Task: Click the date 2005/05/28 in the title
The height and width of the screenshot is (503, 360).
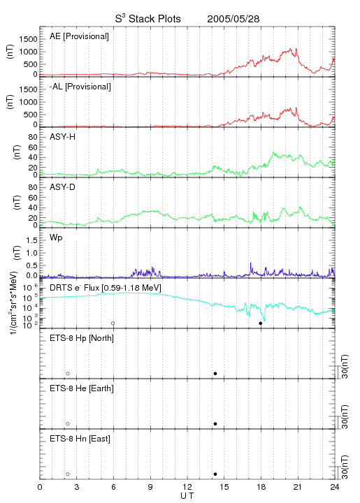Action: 233,19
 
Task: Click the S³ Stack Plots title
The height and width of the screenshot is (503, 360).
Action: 148,19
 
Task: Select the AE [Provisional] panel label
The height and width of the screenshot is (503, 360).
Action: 79,36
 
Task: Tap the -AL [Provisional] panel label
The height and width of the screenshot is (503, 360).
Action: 80,87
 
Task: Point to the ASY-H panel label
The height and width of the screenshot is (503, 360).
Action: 62,138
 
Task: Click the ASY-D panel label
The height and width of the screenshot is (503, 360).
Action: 62,187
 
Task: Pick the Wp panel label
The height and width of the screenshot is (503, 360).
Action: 56,238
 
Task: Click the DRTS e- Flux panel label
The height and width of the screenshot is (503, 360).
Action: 106,288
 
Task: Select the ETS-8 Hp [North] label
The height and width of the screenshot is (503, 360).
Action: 82,338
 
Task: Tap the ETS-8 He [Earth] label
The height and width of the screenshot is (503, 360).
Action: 82,388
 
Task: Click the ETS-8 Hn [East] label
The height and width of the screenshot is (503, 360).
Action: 80,439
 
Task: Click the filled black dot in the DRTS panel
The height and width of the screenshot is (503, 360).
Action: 261,323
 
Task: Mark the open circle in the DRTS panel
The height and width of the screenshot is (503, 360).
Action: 113,323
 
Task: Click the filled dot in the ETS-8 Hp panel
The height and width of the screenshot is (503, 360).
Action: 215,374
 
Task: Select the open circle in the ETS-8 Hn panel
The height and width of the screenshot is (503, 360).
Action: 68,474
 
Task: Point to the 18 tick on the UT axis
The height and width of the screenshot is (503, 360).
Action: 261,487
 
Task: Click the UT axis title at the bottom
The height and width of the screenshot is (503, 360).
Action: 187,496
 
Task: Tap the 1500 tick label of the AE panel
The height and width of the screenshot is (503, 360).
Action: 28,39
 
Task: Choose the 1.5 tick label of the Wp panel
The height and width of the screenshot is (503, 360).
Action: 31,240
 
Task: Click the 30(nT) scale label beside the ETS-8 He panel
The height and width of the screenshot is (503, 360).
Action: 345,416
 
